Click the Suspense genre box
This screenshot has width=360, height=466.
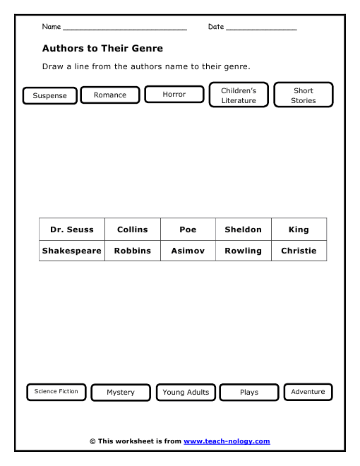[x=49, y=95]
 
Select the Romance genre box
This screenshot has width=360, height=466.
[x=110, y=95]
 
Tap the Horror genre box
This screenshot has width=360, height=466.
[x=174, y=94]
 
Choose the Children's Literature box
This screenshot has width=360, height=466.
[x=239, y=95]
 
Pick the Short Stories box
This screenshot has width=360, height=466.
[x=304, y=95]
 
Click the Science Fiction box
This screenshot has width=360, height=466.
[x=56, y=391]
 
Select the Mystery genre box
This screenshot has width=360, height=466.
[x=121, y=392]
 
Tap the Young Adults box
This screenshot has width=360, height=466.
[x=186, y=392]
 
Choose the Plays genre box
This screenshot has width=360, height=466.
[x=249, y=392]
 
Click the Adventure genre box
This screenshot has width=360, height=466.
[x=308, y=391]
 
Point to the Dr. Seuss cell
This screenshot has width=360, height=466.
[x=72, y=229]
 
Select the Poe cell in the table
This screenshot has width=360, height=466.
[x=188, y=229]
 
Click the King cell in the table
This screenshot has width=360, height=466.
[x=299, y=229]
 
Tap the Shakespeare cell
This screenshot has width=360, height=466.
[x=72, y=251]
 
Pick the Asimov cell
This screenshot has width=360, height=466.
[x=188, y=251]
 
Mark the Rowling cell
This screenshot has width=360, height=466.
[x=243, y=251]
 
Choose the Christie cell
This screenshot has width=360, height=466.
[x=299, y=251]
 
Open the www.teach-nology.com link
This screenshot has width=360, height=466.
[x=227, y=441]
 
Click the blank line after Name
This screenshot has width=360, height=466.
[x=125, y=28]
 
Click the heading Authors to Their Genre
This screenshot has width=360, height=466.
[x=102, y=49]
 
